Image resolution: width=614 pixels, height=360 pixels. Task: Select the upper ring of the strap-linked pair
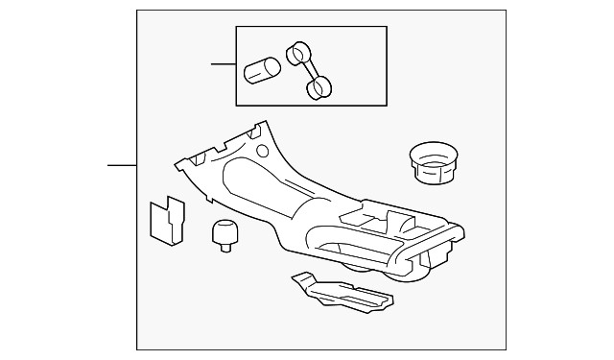[298, 52]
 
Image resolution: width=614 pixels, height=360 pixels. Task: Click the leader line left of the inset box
[224, 65]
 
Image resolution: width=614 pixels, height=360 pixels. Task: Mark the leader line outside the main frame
[122, 166]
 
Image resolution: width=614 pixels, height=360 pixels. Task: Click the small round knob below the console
[224, 232]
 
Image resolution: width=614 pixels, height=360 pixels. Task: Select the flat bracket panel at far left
[166, 221]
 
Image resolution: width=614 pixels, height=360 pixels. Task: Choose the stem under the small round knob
[226, 248]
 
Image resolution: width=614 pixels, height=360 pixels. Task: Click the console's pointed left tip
[175, 165]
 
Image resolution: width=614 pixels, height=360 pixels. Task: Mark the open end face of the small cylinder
[272, 66]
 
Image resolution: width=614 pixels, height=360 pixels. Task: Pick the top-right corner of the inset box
[387, 27]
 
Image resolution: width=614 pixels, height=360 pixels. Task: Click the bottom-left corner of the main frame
[137, 349]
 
